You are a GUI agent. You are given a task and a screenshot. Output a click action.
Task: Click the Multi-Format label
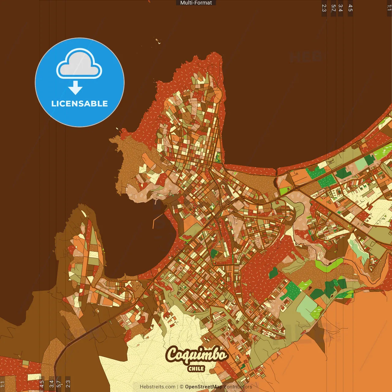196,3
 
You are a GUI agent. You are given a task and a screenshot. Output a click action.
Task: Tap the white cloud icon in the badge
79,65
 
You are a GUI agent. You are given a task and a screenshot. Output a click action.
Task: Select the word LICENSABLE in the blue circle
80,104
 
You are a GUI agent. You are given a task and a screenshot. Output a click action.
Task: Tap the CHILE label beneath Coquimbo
196,369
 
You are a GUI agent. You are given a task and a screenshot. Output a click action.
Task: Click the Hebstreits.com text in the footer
157,387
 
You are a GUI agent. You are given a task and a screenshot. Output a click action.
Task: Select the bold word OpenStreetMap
203,387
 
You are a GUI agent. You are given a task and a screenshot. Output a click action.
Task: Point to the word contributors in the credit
238,387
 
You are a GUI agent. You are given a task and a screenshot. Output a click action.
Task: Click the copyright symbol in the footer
181,387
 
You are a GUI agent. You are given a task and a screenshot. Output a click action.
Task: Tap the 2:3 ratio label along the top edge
324,8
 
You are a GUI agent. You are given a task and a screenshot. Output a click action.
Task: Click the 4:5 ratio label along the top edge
350,8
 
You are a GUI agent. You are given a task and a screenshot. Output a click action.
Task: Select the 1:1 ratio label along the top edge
389,8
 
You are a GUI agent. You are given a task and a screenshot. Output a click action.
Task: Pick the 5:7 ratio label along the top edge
333,8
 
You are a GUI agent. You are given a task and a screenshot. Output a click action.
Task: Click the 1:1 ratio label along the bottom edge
3,384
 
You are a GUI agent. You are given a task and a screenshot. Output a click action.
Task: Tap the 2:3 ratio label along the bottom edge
68,384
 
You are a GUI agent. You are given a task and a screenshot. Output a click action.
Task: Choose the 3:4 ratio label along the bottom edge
51,384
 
